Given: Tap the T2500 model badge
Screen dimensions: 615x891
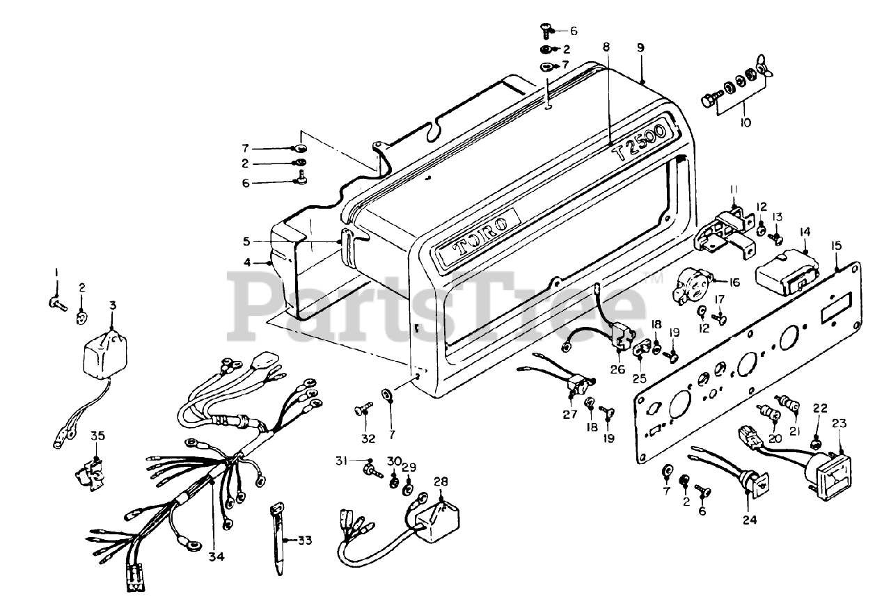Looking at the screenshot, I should pyautogui.click(x=638, y=142).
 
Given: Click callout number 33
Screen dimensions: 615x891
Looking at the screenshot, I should pyautogui.click(x=304, y=540).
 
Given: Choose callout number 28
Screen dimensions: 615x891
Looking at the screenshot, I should pyautogui.click(x=441, y=482).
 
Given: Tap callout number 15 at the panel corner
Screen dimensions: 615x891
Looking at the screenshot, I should pyautogui.click(x=836, y=245).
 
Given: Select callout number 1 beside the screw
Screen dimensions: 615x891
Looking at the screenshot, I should pyautogui.click(x=58, y=271).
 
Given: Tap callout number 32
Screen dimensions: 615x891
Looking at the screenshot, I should pyautogui.click(x=368, y=438).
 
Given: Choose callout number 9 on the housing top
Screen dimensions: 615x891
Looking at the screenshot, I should pyautogui.click(x=640, y=47).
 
